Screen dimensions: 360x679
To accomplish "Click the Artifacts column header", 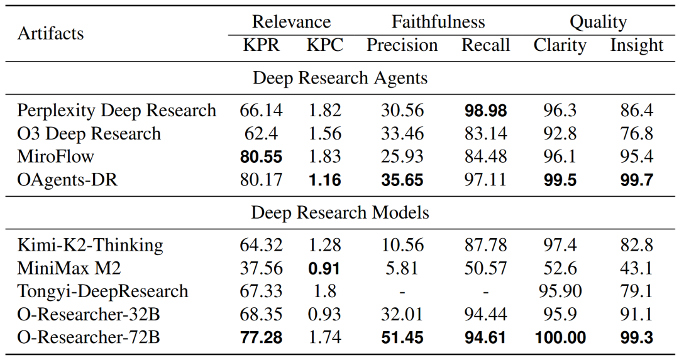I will (50, 33).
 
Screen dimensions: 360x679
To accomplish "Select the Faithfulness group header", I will (438, 22).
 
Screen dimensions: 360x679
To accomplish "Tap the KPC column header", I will (324, 45).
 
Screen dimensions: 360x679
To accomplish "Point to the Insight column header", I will (636, 45).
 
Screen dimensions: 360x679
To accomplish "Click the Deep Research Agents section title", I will (339, 78).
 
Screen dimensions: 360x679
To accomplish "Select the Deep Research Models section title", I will (339, 212).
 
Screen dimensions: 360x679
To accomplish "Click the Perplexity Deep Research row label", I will (116, 111).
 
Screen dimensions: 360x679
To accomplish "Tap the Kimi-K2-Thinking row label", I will (90, 245).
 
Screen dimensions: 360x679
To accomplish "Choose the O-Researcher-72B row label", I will (88, 337).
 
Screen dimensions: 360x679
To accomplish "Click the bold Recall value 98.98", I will (485, 111).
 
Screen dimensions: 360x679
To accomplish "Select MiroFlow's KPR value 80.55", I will (261, 157).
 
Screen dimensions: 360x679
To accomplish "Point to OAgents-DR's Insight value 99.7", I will (636, 180).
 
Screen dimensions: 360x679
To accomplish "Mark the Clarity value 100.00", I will (560, 337).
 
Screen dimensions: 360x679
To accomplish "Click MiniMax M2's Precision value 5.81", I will (402, 268).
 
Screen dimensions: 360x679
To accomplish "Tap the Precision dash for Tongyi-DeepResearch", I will (402, 292).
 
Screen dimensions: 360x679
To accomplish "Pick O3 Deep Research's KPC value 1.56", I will (324, 134).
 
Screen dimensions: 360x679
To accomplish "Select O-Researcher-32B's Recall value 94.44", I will (485, 315).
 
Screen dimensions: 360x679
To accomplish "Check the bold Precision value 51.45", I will (402, 337).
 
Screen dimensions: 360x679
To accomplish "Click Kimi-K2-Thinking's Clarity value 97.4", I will (560, 245).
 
